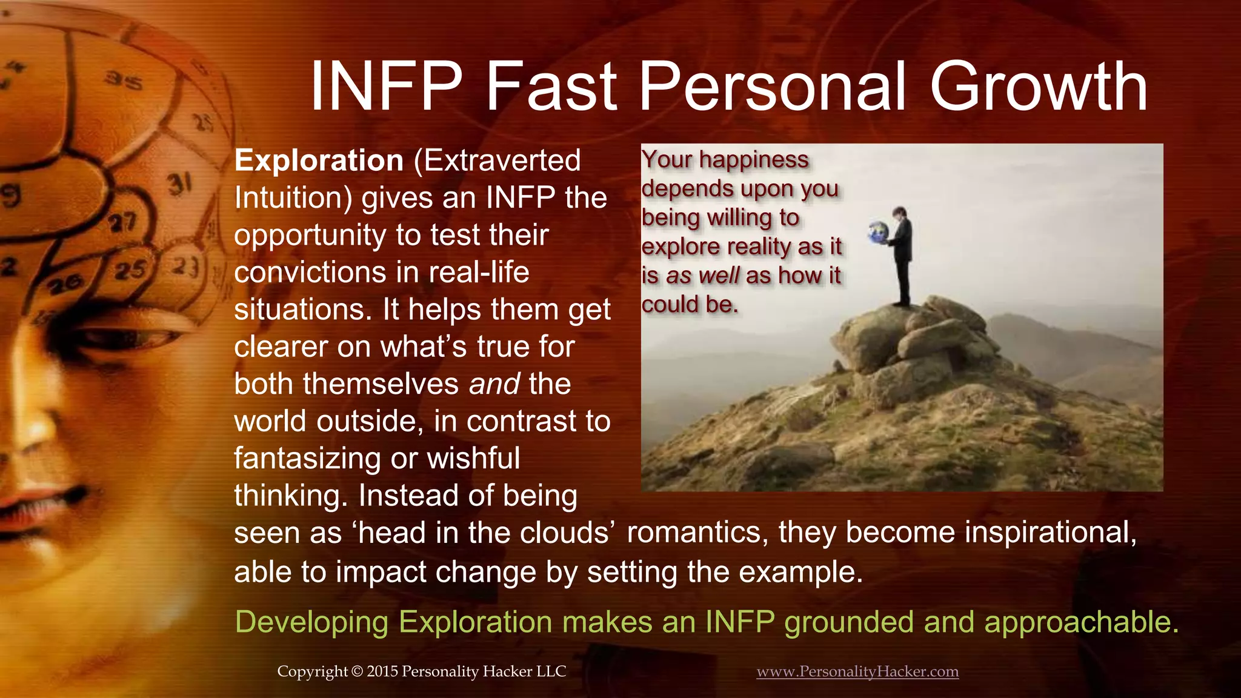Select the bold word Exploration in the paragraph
point(319,161)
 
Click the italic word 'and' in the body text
point(494,384)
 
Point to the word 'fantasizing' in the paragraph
point(307,459)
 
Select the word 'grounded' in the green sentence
point(848,622)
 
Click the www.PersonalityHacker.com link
point(857,671)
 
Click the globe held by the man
point(877,233)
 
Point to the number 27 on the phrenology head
point(122,223)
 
